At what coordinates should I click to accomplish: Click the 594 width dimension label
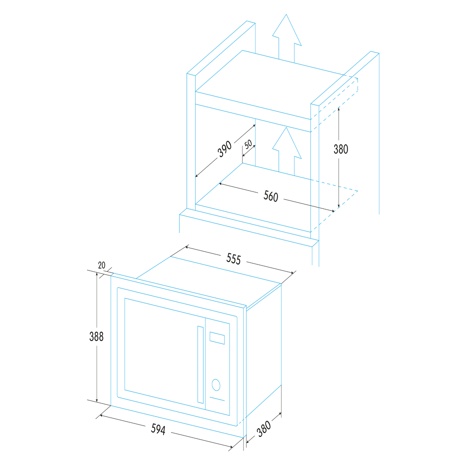pos(158,429)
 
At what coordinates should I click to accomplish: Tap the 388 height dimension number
pos(96,336)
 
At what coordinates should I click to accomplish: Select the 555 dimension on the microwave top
pos(233,259)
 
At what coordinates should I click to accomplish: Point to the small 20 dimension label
pos(102,265)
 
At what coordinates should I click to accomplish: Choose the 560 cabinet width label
pos(271,196)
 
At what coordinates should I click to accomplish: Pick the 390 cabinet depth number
pos(224,149)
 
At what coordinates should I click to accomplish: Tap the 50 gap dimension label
pos(248,144)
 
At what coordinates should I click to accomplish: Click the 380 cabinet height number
pos(341,149)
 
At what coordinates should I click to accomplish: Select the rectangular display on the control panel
pos(217,338)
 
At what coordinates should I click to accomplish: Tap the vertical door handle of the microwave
pos(200,365)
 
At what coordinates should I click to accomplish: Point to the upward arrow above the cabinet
pos(287,39)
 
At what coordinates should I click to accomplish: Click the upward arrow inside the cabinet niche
pos(287,152)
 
